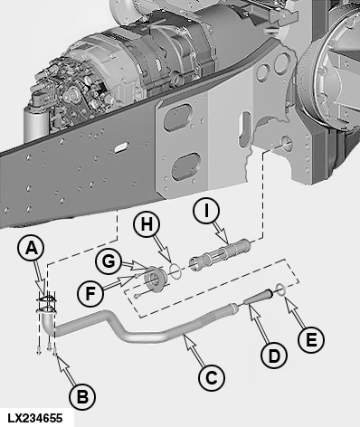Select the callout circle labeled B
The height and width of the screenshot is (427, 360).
click(x=82, y=397)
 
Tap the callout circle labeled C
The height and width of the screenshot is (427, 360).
click(x=212, y=377)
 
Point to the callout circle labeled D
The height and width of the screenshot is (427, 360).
click(x=274, y=356)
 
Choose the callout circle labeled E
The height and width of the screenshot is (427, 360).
click(x=311, y=340)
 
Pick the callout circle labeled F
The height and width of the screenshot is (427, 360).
click(x=90, y=293)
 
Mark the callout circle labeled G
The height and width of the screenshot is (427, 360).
click(x=109, y=261)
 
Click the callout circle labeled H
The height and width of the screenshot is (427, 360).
click(x=147, y=224)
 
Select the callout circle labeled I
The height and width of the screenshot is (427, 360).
click(x=206, y=211)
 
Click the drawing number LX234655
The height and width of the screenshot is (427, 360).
click(x=35, y=418)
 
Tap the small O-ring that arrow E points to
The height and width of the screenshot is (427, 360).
click(x=280, y=289)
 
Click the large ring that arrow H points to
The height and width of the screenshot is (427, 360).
click(x=175, y=270)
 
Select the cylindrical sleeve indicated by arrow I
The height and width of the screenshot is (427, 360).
click(x=220, y=254)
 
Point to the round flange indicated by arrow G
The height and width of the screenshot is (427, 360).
click(x=155, y=279)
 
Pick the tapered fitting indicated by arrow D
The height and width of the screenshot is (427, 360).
click(x=257, y=297)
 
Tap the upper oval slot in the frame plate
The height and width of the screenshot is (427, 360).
click(x=177, y=117)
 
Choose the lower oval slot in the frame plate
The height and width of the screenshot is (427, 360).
click(x=185, y=166)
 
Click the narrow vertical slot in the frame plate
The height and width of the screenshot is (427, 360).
click(x=244, y=128)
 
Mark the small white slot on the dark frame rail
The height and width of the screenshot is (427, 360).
click(x=119, y=147)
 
